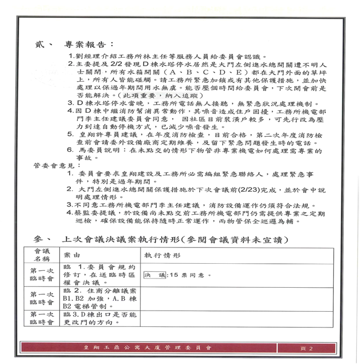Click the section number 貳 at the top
(x=42, y=44)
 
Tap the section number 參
(x=38, y=239)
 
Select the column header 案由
(x=72, y=254)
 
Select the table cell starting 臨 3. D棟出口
(x=100, y=318)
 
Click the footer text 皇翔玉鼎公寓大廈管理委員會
(x=147, y=348)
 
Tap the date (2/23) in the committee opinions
(x=243, y=189)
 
